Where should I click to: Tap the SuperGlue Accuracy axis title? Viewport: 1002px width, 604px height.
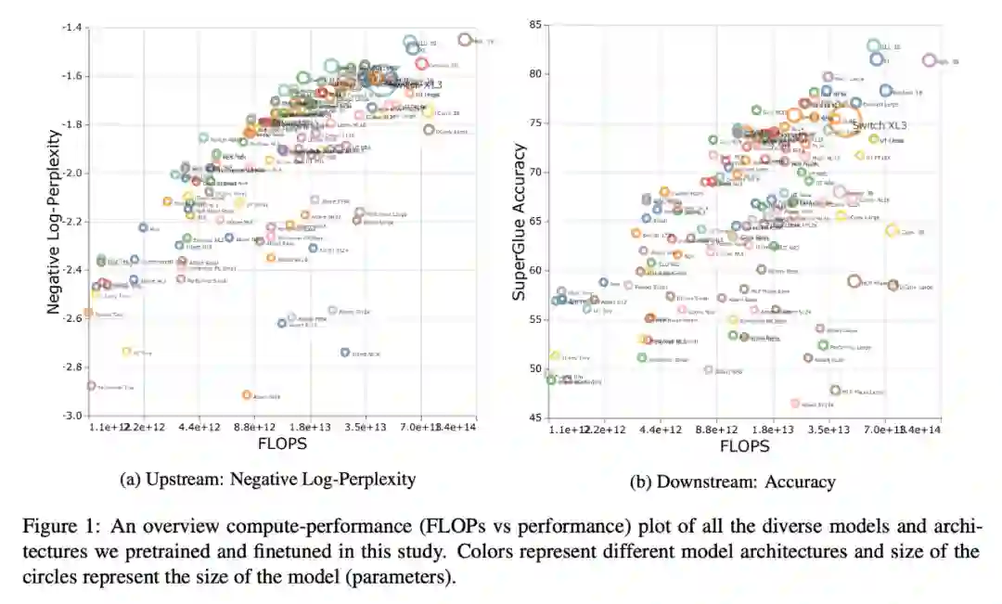click(520, 221)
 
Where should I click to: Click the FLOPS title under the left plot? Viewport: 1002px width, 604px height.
click(282, 444)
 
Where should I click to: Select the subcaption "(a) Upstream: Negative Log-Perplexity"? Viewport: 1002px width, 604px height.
click(268, 480)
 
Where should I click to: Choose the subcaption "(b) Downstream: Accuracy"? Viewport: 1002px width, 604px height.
click(732, 482)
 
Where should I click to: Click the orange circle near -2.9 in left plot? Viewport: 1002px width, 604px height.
click(247, 395)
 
